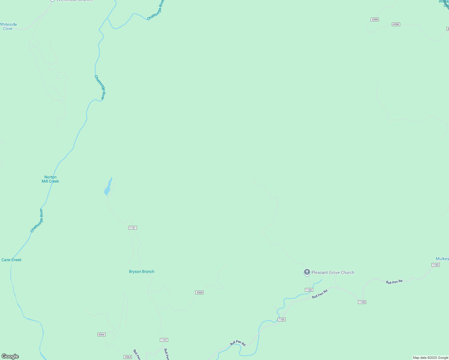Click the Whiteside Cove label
(x=8, y=26)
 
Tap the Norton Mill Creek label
(x=50, y=179)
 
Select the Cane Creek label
(x=11, y=260)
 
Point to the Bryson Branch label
(x=142, y=271)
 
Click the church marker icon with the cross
(x=307, y=272)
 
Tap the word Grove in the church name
(x=334, y=272)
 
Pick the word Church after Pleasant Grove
(x=348, y=272)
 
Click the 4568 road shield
(x=199, y=292)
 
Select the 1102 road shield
(x=309, y=290)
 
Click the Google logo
(x=10, y=356)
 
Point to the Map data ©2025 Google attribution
(x=430, y=358)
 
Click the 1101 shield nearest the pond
(x=133, y=228)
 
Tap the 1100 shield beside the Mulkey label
(x=435, y=265)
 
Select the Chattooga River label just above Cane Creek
(x=37, y=220)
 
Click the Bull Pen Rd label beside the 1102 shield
(x=320, y=294)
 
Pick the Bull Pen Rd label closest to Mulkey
(x=394, y=282)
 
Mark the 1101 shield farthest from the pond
(x=164, y=340)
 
